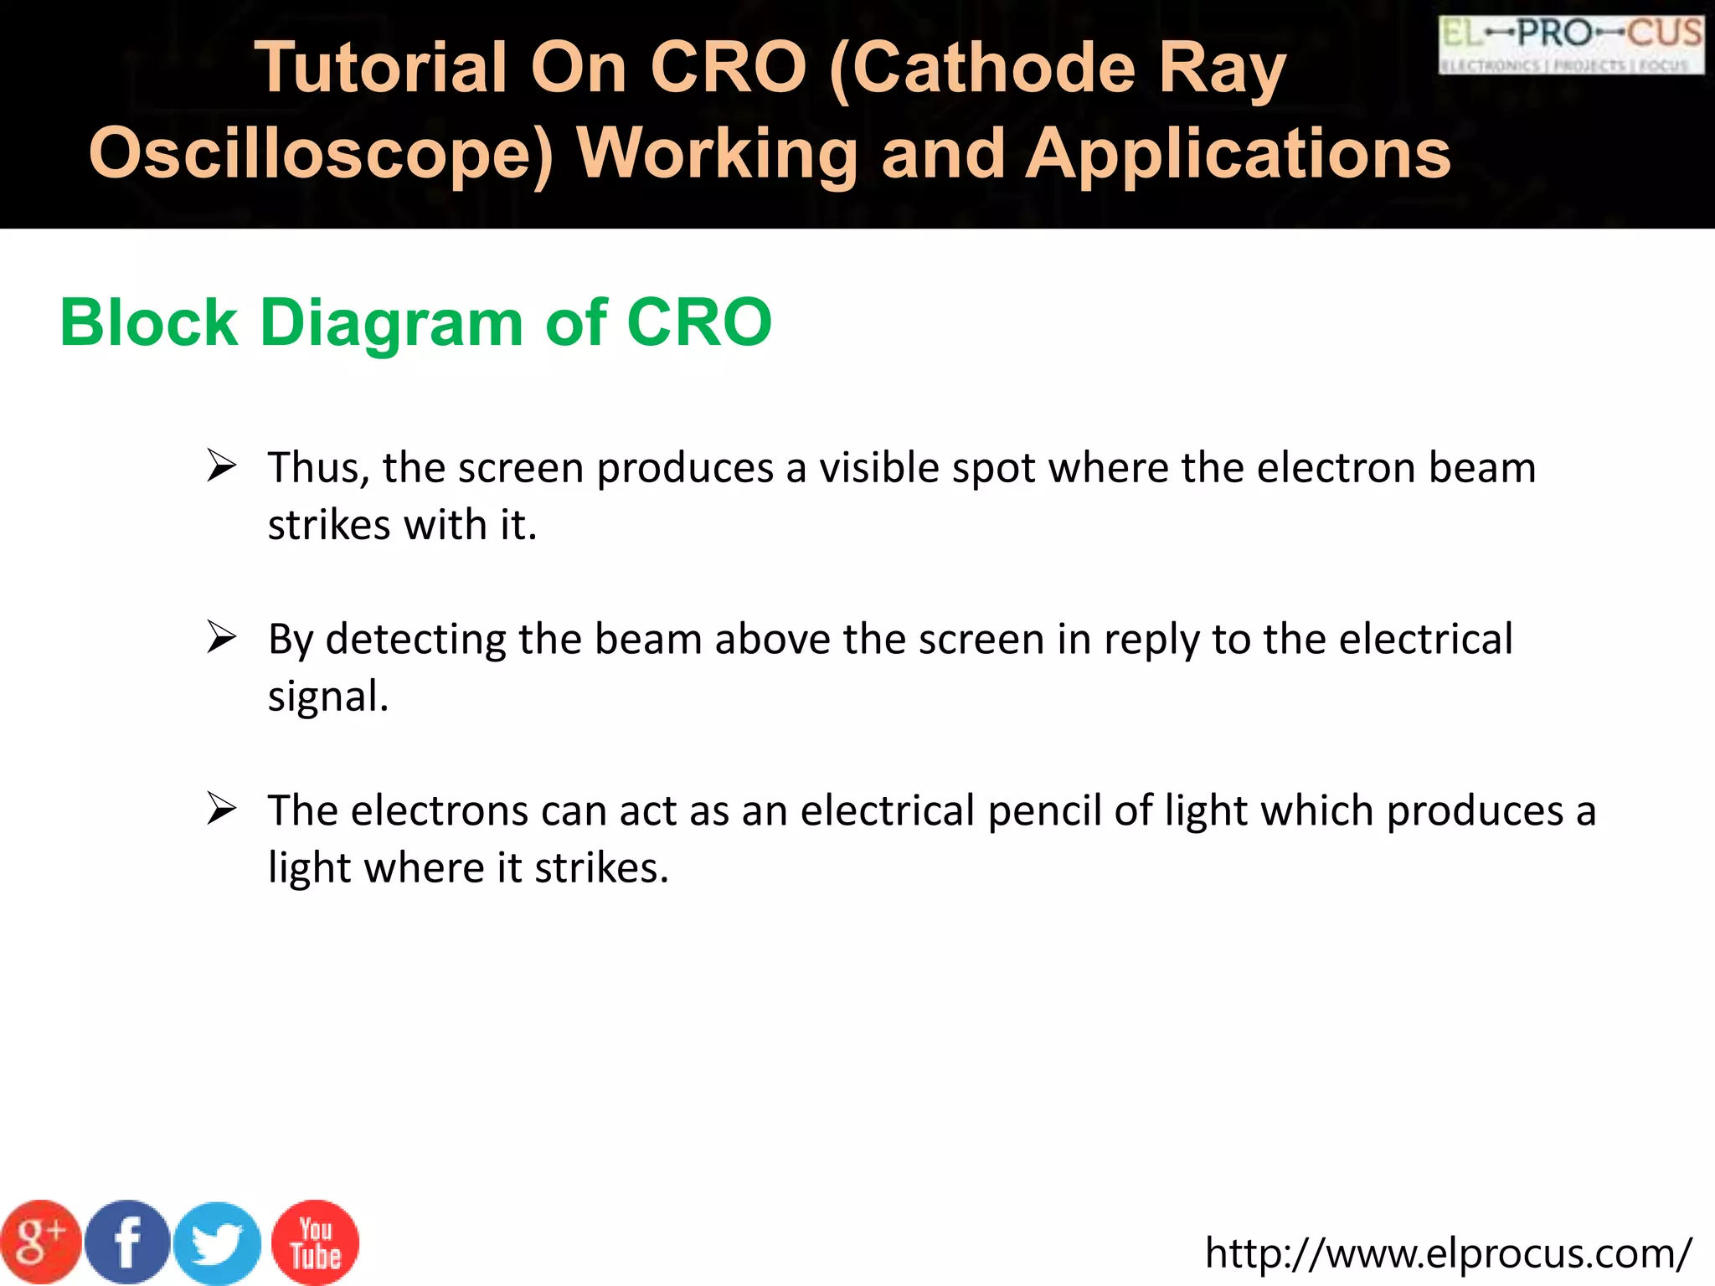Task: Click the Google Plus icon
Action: pyautogui.click(x=40, y=1242)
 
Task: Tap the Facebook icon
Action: pyautogui.click(x=127, y=1242)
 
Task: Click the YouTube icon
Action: pyautogui.click(x=316, y=1242)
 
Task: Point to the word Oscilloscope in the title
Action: pyautogui.click(x=322, y=155)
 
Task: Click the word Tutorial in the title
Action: pyautogui.click(x=381, y=68)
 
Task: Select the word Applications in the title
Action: pyautogui.click(x=1239, y=155)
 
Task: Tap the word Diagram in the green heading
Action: pyautogui.click(x=392, y=322)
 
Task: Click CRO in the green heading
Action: pyautogui.click(x=699, y=322)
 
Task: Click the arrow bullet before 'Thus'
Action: pyautogui.click(x=222, y=466)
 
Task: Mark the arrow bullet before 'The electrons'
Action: pyautogui.click(x=222, y=809)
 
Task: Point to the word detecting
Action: pyautogui.click(x=415, y=640)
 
